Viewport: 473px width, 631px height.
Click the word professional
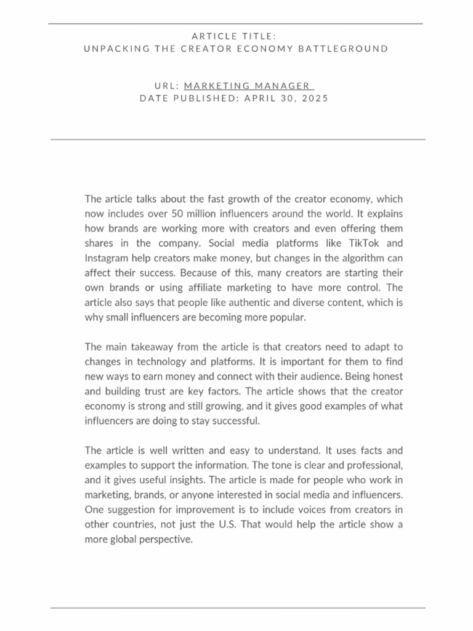point(375,465)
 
